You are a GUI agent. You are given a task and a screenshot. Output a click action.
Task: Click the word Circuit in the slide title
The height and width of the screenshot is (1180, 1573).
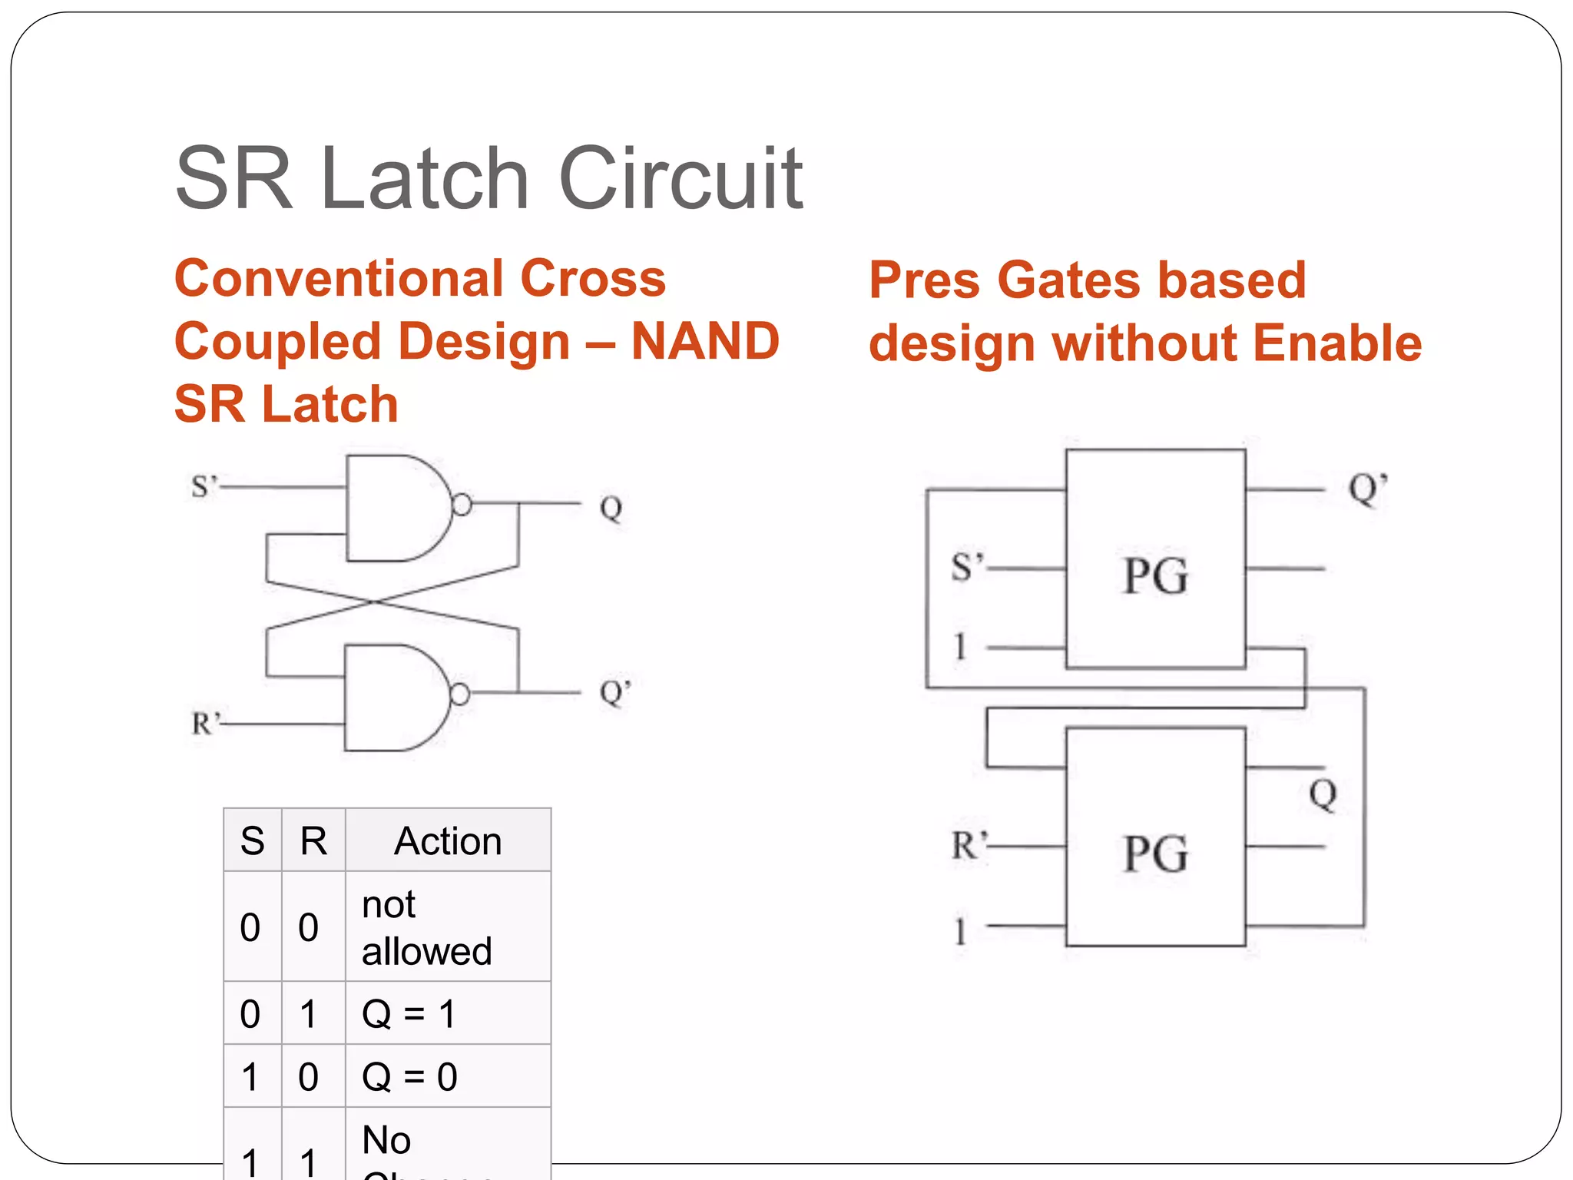coord(681,179)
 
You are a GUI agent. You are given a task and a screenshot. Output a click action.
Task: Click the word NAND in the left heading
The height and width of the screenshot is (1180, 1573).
coord(705,341)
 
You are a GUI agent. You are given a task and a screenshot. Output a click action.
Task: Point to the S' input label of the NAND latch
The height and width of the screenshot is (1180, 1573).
coord(204,486)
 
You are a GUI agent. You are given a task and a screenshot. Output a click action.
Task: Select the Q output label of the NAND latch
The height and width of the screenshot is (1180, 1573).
coord(611,507)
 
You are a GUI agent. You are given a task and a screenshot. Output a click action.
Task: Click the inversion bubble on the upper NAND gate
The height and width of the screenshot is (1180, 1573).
coord(462,505)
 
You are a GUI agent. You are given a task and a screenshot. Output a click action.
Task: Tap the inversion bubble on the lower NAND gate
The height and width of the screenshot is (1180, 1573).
coord(459,694)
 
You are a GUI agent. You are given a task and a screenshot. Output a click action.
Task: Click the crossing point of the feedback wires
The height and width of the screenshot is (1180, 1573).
coord(374,602)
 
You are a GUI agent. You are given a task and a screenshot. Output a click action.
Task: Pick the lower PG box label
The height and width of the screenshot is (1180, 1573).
coord(1155,853)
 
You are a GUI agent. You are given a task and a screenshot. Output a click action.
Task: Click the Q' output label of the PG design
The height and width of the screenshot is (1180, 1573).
coord(1368,489)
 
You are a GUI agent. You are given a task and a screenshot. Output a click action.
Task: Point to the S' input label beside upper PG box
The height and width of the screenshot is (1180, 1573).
coord(967,567)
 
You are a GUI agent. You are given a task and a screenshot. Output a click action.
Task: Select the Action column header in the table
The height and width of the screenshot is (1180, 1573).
coord(448,840)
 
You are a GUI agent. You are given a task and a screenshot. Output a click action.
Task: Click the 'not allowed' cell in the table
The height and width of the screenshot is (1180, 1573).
coord(427,927)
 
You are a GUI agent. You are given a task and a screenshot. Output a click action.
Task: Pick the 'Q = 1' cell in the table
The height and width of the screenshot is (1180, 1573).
coord(409,1014)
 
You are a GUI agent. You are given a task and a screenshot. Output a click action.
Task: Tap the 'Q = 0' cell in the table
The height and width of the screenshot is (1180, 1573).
coord(409,1076)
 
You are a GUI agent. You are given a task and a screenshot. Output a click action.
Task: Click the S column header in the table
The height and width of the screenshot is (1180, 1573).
coord(252,840)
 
